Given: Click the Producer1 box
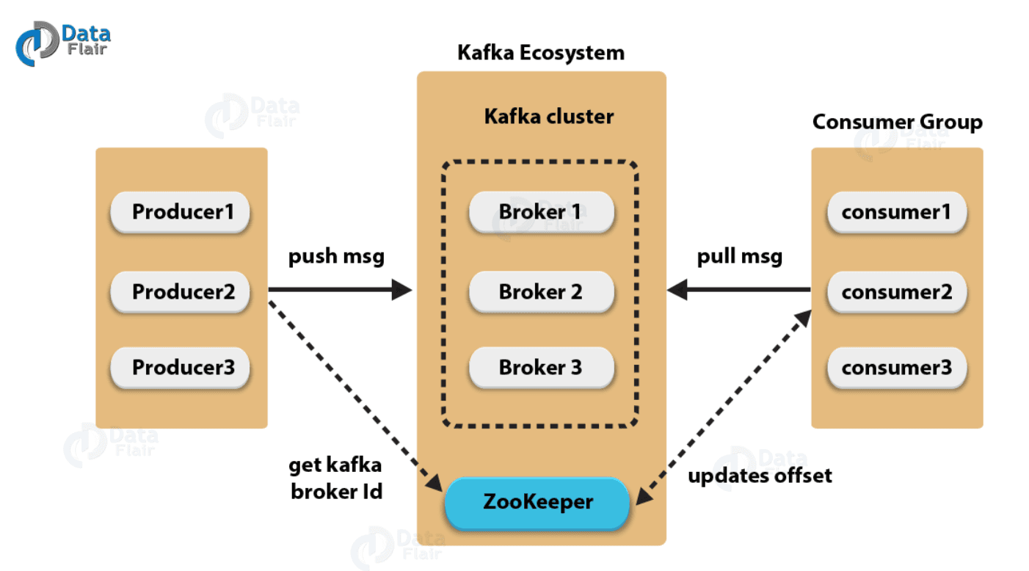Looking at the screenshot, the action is click(x=180, y=212).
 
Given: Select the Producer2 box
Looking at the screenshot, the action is click(x=180, y=291).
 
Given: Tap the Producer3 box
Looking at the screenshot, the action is click(x=180, y=368).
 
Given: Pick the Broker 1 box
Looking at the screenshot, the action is click(x=541, y=212).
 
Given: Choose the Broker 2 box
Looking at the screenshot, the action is click(x=541, y=291).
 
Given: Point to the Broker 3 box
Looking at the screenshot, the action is click(x=541, y=368).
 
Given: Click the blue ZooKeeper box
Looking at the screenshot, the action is click(x=537, y=503).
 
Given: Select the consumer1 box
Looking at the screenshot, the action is click(x=897, y=212).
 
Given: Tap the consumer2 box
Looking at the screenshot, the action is click(x=897, y=291).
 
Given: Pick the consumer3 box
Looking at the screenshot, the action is click(x=897, y=368).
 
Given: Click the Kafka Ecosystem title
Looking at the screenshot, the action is click(x=541, y=54).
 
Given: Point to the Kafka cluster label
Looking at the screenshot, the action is click(x=549, y=116).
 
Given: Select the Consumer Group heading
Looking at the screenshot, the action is click(x=898, y=123).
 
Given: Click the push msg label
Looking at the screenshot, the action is click(x=336, y=257).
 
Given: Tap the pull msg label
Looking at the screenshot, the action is click(x=740, y=257).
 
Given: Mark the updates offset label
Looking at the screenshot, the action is click(x=760, y=476).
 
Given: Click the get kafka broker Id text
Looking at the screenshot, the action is click(x=336, y=479).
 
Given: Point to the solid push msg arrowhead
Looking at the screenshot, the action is click(x=402, y=289).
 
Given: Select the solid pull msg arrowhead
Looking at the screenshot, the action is click(x=677, y=289).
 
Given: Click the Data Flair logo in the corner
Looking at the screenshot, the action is click(x=63, y=43).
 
